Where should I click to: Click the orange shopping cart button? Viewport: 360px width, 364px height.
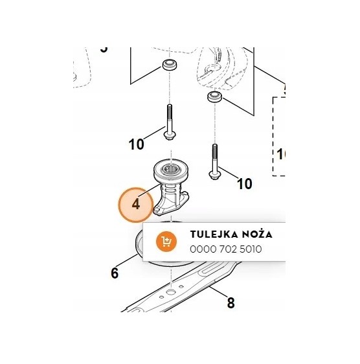coord(166,242)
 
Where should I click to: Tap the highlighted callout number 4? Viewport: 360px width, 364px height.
coord(136,205)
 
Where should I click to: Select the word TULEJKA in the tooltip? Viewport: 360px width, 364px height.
coord(210,234)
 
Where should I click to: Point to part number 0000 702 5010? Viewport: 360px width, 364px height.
coord(225,249)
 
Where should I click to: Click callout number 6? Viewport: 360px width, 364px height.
coord(115,273)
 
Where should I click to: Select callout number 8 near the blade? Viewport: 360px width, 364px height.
coord(231,302)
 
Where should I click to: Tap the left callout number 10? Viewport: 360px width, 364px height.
coord(136,144)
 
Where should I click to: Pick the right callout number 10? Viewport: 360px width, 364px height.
coord(244,184)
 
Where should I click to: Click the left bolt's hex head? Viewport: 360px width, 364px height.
coord(170,135)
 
